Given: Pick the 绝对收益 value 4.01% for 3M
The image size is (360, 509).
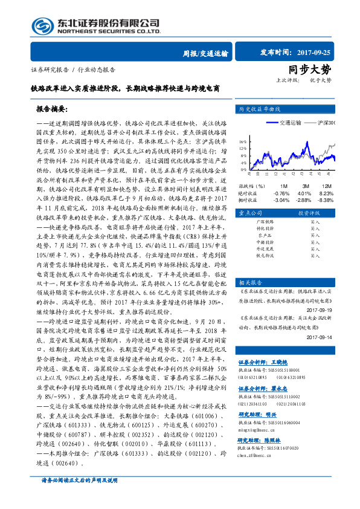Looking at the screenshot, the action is tap(304, 193).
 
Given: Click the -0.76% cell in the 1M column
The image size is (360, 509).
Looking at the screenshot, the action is tap(281, 193).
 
